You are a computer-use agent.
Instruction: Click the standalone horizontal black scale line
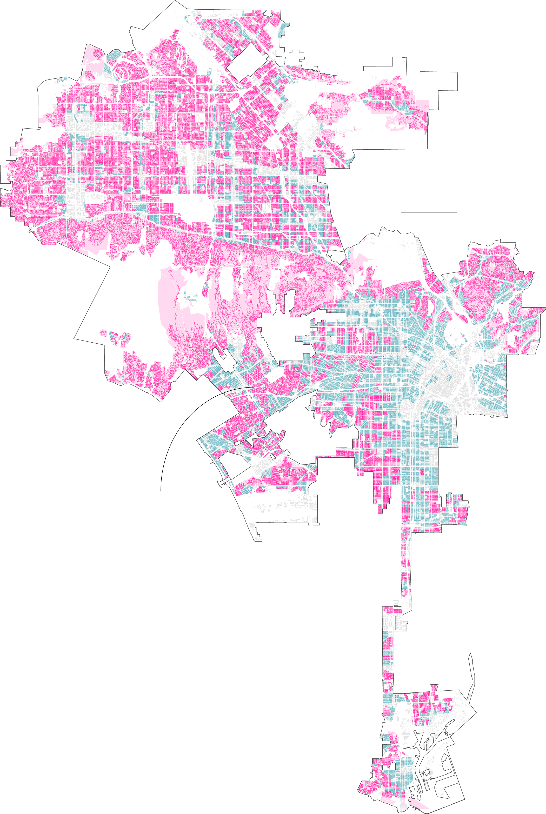(x=428, y=213)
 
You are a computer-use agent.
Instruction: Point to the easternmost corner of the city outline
(x=545, y=308)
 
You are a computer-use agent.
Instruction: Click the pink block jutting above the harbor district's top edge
(x=434, y=688)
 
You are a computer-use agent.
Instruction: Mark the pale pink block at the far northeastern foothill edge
(x=423, y=104)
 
